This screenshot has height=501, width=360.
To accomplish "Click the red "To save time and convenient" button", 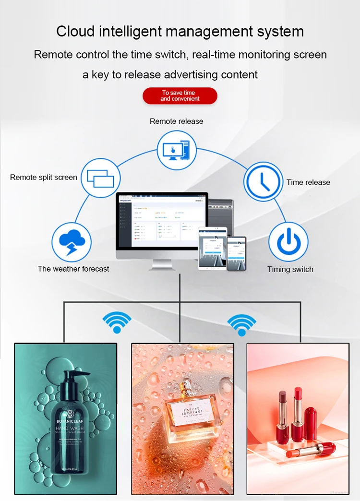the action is click(x=180, y=96).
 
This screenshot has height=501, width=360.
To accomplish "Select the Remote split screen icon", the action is click(x=100, y=177).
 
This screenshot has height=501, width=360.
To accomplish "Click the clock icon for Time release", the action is click(x=263, y=182).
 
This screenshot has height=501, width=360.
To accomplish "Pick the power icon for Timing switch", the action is click(x=288, y=242).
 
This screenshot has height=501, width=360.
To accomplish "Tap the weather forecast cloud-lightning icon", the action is click(x=71, y=242).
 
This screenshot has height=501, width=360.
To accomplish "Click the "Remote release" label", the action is click(x=176, y=121).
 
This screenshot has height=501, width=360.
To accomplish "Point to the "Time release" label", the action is click(x=308, y=182).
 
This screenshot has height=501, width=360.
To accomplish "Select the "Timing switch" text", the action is click(x=290, y=269).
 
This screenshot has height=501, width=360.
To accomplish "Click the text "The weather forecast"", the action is click(x=73, y=269).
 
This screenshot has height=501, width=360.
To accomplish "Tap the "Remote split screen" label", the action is click(x=44, y=178).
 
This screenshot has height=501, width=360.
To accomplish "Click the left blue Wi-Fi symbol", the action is click(x=117, y=322).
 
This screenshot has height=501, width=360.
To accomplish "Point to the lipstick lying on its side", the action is click(x=311, y=450).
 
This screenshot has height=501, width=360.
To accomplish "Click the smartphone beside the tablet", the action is click(x=236, y=253).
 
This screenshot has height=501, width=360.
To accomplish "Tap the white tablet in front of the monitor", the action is click(x=212, y=248).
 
